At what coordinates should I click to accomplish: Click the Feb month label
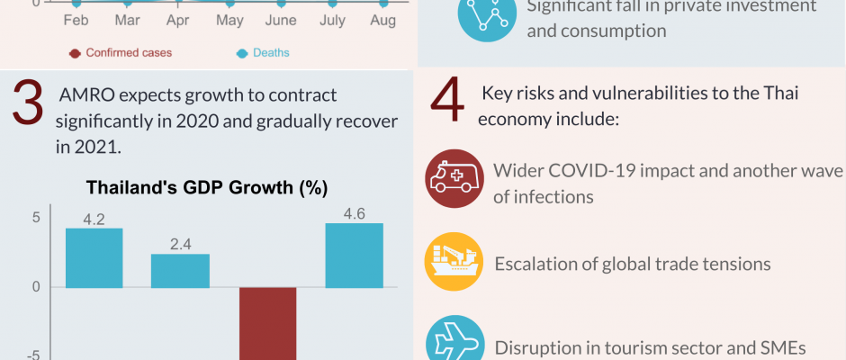(75, 20)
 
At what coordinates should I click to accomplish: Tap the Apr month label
(178, 20)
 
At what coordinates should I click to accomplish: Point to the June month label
(281, 20)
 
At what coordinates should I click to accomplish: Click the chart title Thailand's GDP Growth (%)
(206, 188)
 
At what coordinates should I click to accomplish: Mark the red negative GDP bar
(267, 324)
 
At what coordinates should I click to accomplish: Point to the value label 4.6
(354, 213)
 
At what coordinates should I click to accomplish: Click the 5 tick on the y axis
(36, 217)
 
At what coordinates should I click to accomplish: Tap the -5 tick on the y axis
(33, 355)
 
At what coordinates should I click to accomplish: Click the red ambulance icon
(454, 178)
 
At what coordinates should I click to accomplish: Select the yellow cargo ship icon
(454, 262)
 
